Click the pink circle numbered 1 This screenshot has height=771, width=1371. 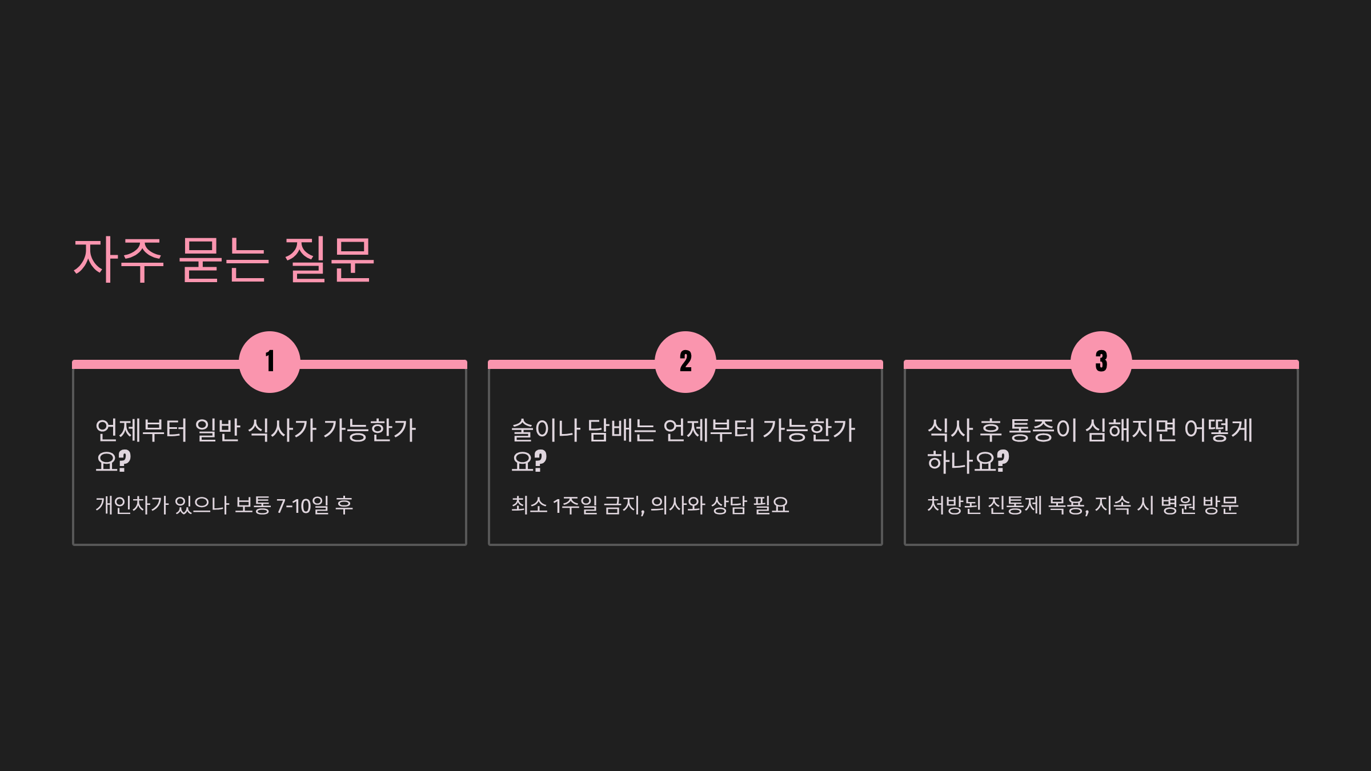tap(270, 362)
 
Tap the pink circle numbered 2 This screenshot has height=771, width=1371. tap(685, 362)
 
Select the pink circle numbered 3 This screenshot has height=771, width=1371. tap(1101, 362)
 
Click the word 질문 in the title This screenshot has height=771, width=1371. tap(329, 260)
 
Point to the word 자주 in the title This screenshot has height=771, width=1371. tap(119, 260)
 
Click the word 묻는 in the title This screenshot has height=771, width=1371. tap(223, 260)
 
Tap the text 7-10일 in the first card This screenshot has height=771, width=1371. tap(303, 505)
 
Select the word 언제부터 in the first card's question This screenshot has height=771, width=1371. tap(141, 430)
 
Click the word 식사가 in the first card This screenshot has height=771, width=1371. tap(282, 430)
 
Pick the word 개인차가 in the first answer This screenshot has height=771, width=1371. tap(131, 505)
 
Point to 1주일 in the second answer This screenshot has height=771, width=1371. tap(575, 505)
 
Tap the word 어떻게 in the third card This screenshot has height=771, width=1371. tap(1218, 430)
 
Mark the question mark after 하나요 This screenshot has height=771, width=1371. tap(1002, 461)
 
